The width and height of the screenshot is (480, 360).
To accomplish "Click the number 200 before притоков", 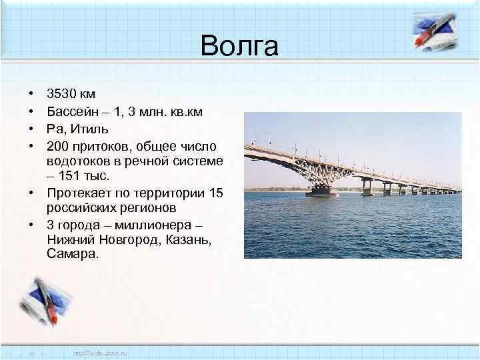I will click(x=59, y=145).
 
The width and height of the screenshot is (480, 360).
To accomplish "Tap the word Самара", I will click(x=72, y=255).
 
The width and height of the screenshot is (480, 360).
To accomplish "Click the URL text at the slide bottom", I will click(x=99, y=351).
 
